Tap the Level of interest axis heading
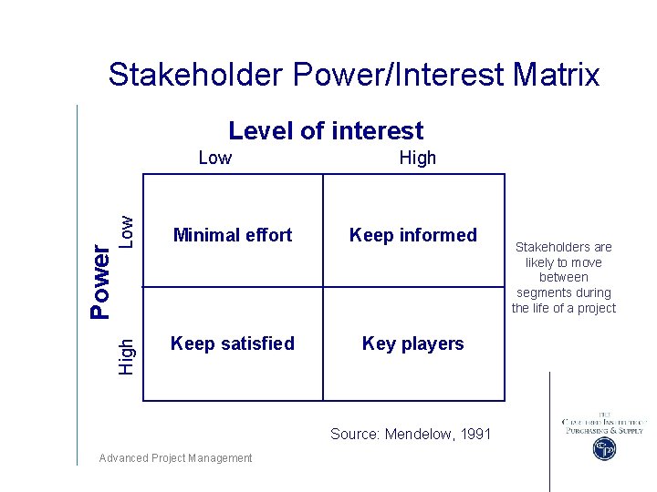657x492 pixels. click(326, 131)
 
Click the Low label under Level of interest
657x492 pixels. click(214, 158)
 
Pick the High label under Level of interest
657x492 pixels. click(418, 158)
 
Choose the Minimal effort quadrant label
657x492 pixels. click(233, 235)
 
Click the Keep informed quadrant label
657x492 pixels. click(413, 235)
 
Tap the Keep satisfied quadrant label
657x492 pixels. click(233, 343)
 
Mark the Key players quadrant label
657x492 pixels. click(413, 343)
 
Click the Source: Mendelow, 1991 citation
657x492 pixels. click(411, 434)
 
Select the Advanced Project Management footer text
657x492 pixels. click(175, 458)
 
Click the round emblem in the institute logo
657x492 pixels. click(603, 449)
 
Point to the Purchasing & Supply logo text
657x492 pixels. click(603, 430)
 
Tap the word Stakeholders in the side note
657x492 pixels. click(564, 247)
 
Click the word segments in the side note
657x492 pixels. click(563, 292)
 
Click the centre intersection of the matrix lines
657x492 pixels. click(323, 287)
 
